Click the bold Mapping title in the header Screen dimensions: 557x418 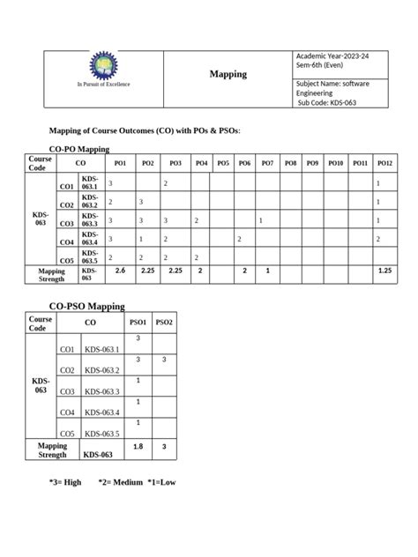(228, 75)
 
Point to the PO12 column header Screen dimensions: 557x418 (384, 164)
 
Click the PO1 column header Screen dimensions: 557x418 (120, 164)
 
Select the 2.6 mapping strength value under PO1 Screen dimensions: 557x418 (121, 271)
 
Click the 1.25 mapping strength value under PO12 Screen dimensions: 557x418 (384, 271)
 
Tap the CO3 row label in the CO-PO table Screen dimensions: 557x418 (66, 223)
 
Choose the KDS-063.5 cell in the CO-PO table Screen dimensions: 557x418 (90, 256)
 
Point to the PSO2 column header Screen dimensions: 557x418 (164, 323)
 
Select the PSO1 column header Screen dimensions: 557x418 (137, 323)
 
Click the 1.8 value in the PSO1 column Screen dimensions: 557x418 (138, 447)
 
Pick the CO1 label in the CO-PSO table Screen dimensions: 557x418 (66, 350)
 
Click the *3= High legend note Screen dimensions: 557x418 (65, 483)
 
